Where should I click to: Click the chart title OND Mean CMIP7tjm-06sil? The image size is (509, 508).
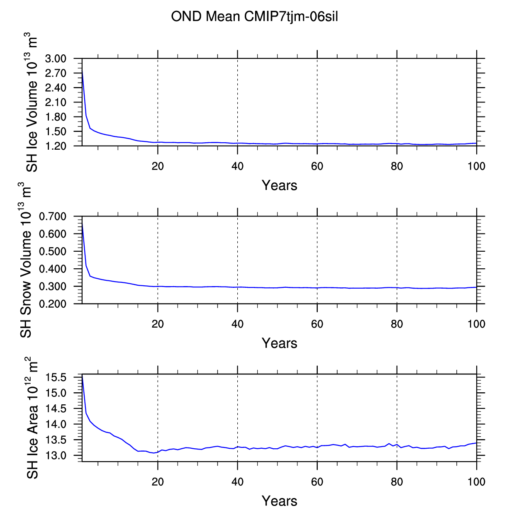254,17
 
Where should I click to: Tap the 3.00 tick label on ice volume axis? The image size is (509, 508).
56,58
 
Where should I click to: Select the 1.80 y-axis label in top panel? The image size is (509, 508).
56,117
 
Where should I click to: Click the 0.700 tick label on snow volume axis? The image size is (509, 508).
53,216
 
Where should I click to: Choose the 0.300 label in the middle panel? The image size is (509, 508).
53,287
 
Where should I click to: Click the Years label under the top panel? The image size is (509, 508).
280,185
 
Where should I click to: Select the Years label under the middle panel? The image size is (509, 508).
280,343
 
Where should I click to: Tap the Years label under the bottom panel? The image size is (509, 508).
280,501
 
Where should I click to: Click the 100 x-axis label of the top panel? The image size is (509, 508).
477,166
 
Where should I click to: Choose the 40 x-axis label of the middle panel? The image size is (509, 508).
237,324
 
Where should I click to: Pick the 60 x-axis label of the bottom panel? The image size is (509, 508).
317,482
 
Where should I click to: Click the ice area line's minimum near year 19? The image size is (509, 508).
154,453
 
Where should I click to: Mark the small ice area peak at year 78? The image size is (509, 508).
389,443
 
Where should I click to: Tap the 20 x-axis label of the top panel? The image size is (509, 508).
158,166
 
